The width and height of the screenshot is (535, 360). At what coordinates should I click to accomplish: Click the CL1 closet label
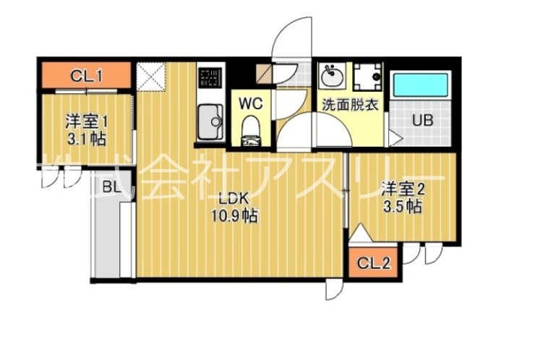(x=85, y=74)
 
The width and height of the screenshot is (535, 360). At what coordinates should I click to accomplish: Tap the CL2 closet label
(x=376, y=263)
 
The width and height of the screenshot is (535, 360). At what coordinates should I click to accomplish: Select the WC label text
(x=250, y=103)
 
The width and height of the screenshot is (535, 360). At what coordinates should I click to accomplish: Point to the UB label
(x=422, y=120)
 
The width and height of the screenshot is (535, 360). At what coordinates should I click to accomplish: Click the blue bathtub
(x=421, y=87)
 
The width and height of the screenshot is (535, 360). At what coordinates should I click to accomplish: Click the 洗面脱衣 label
(x=351, y=103)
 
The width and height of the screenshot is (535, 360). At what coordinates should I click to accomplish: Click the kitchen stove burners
(x=209, y=77)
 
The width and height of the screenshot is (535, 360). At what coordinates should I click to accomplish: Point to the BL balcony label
(x=111, y=188)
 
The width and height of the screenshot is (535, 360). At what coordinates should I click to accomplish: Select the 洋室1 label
(x=85, y=121)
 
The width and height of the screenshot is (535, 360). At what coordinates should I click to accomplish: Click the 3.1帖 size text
(x=85, y=138)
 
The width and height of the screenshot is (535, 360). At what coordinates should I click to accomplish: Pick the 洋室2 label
(x=403, y=189)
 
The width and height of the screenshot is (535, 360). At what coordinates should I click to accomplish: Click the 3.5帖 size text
(x=403, y=207)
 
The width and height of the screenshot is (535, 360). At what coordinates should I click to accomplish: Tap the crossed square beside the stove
(x=153, y=77)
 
